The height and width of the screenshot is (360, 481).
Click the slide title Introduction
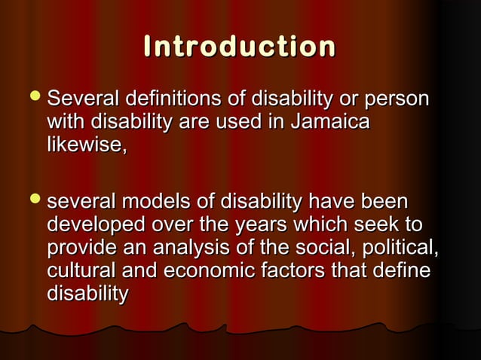pos(240,47)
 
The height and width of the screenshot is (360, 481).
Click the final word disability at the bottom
pos(87,292)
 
